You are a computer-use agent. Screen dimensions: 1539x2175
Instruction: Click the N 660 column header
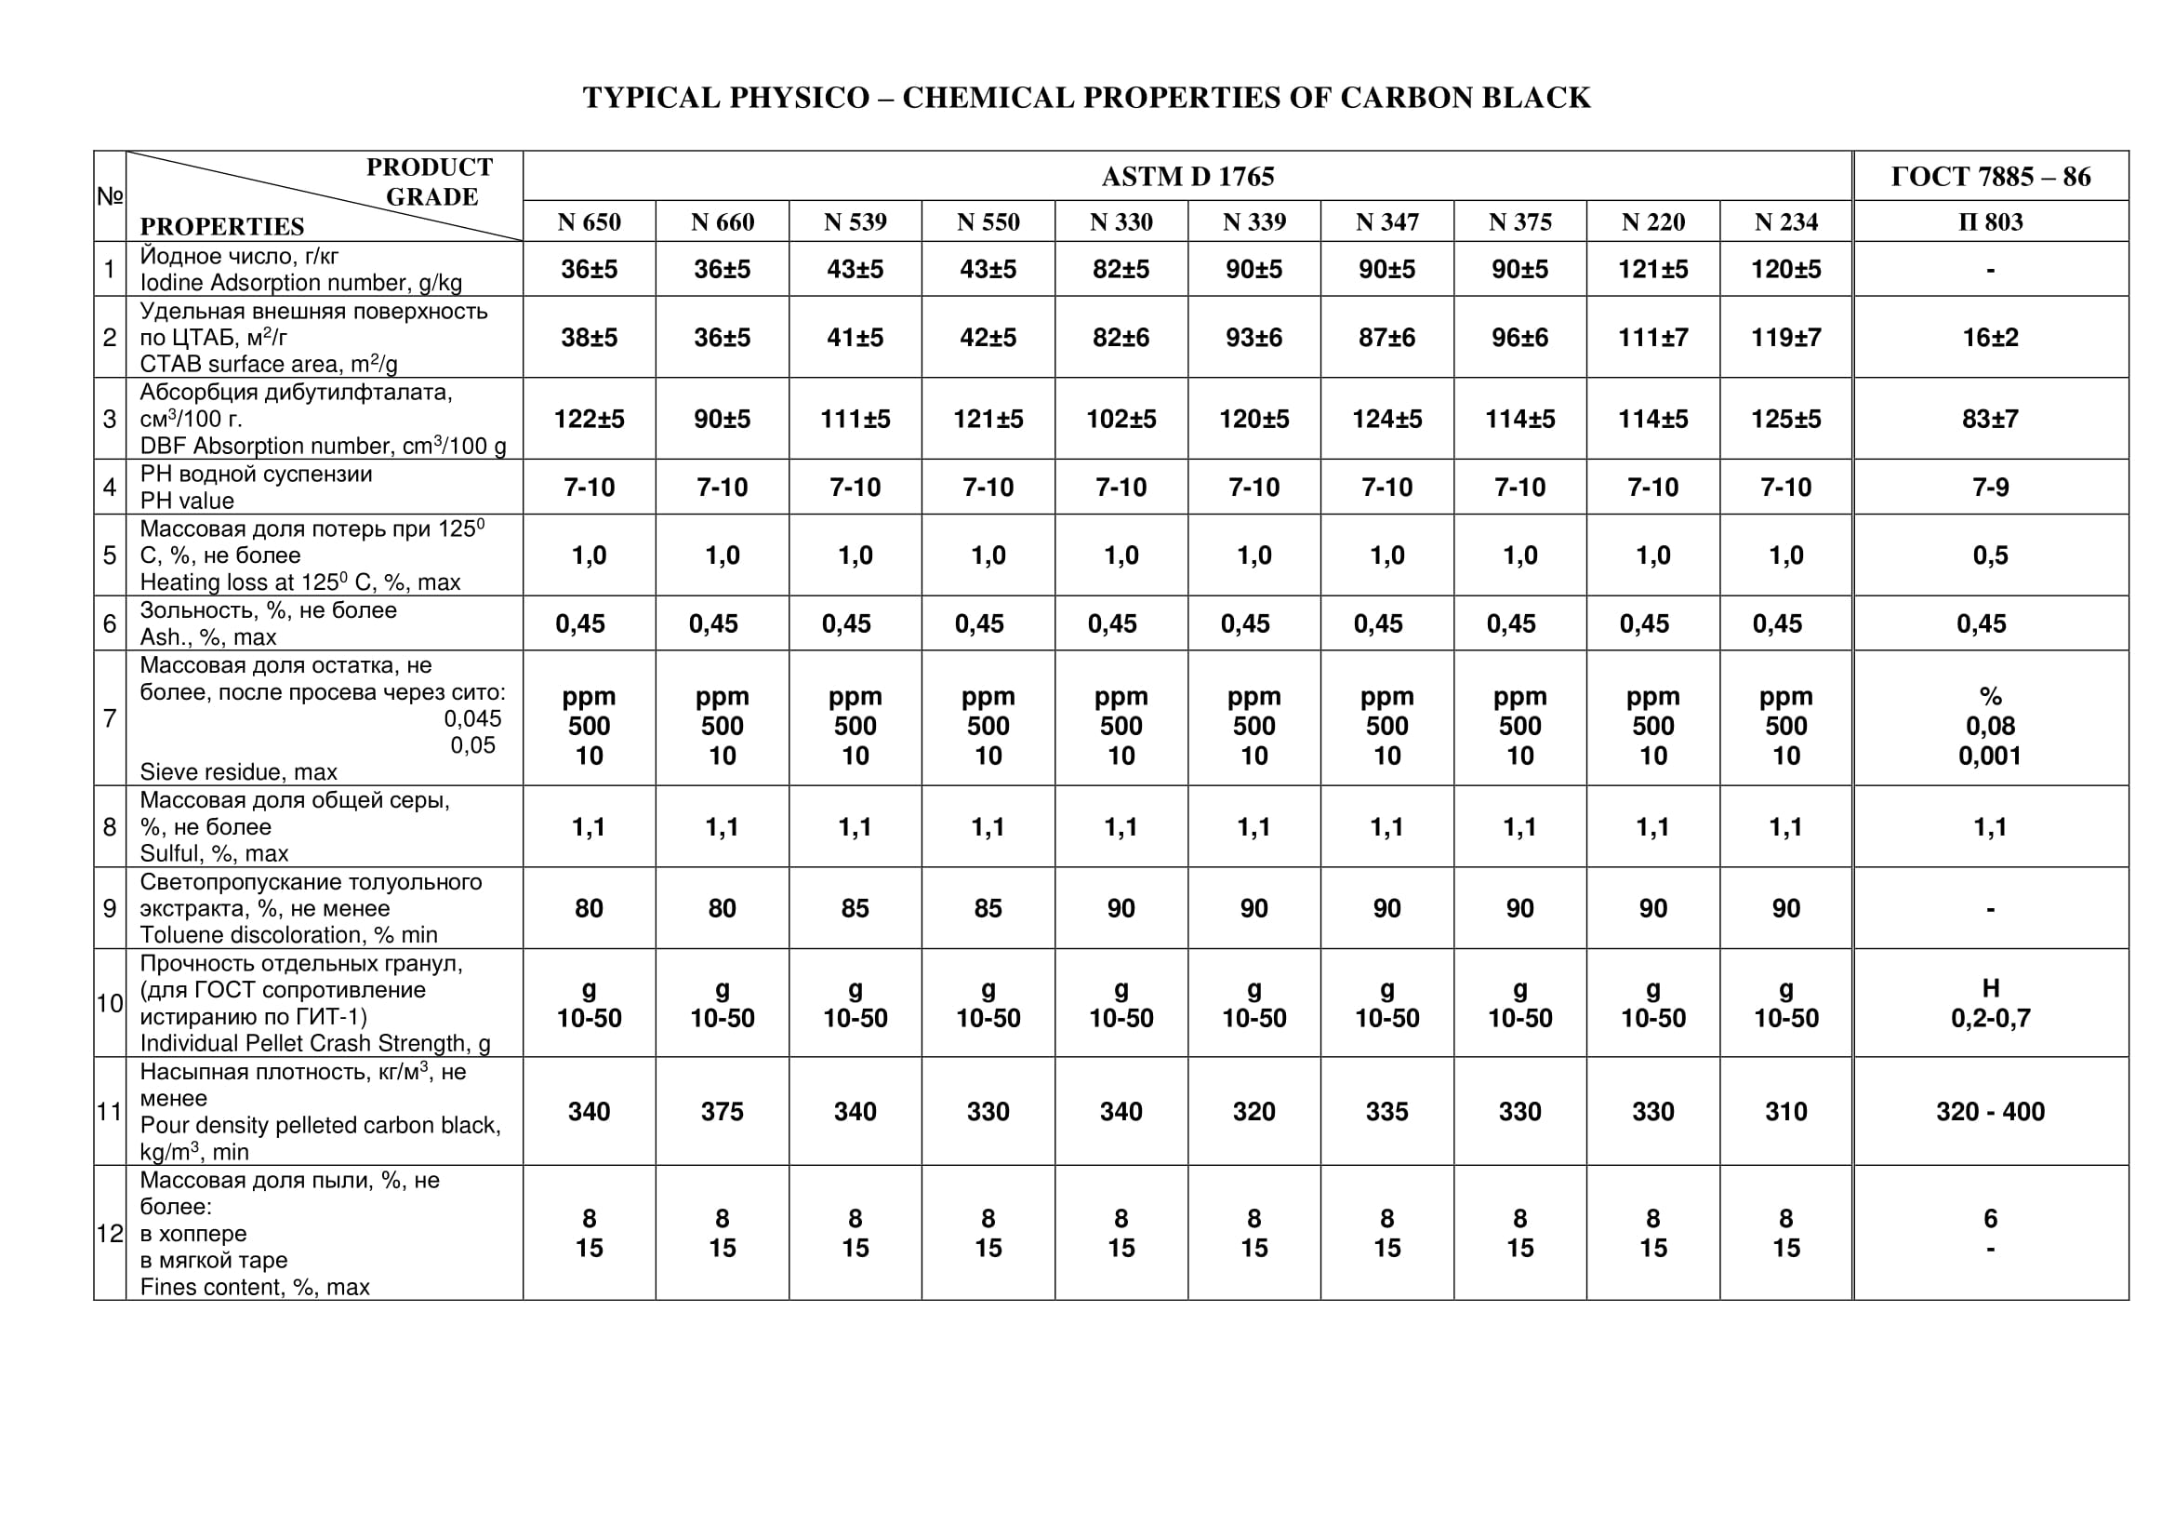pos(722,221)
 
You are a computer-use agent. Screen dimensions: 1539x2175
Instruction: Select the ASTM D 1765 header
pos(1187,176)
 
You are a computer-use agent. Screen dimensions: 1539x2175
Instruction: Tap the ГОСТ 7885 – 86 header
pos(1990,176)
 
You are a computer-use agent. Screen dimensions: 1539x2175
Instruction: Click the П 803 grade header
pos(1990,221)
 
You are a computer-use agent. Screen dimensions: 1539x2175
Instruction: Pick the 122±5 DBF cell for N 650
pos(589,419)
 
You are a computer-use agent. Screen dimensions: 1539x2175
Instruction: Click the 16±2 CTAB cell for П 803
pos(1990,338)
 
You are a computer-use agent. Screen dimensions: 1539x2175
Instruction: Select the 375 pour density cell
pos(722,1111)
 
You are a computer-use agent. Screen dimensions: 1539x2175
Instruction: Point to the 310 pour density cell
pos(1785,1111)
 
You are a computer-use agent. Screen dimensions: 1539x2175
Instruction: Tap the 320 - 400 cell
pos(1990,1111)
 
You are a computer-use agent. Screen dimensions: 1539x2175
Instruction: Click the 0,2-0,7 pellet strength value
pos(1990,1018)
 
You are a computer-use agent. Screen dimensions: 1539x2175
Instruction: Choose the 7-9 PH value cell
pos(1990,487)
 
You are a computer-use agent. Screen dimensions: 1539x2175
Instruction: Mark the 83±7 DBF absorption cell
pos(1990,419)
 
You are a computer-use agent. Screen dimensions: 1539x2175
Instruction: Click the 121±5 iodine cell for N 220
pos(1653,269)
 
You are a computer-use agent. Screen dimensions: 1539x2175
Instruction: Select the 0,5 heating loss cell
pos(1990,555)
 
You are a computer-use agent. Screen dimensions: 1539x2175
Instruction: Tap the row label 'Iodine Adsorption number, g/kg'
pos(301,283)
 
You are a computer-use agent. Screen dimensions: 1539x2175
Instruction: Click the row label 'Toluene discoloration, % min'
pos(289,934)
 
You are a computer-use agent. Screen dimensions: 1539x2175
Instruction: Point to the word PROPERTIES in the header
pos(221,226)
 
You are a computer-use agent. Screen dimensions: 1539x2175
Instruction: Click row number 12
pos(110,1233)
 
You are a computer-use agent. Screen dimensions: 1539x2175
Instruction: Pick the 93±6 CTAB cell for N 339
pos(1254,338)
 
